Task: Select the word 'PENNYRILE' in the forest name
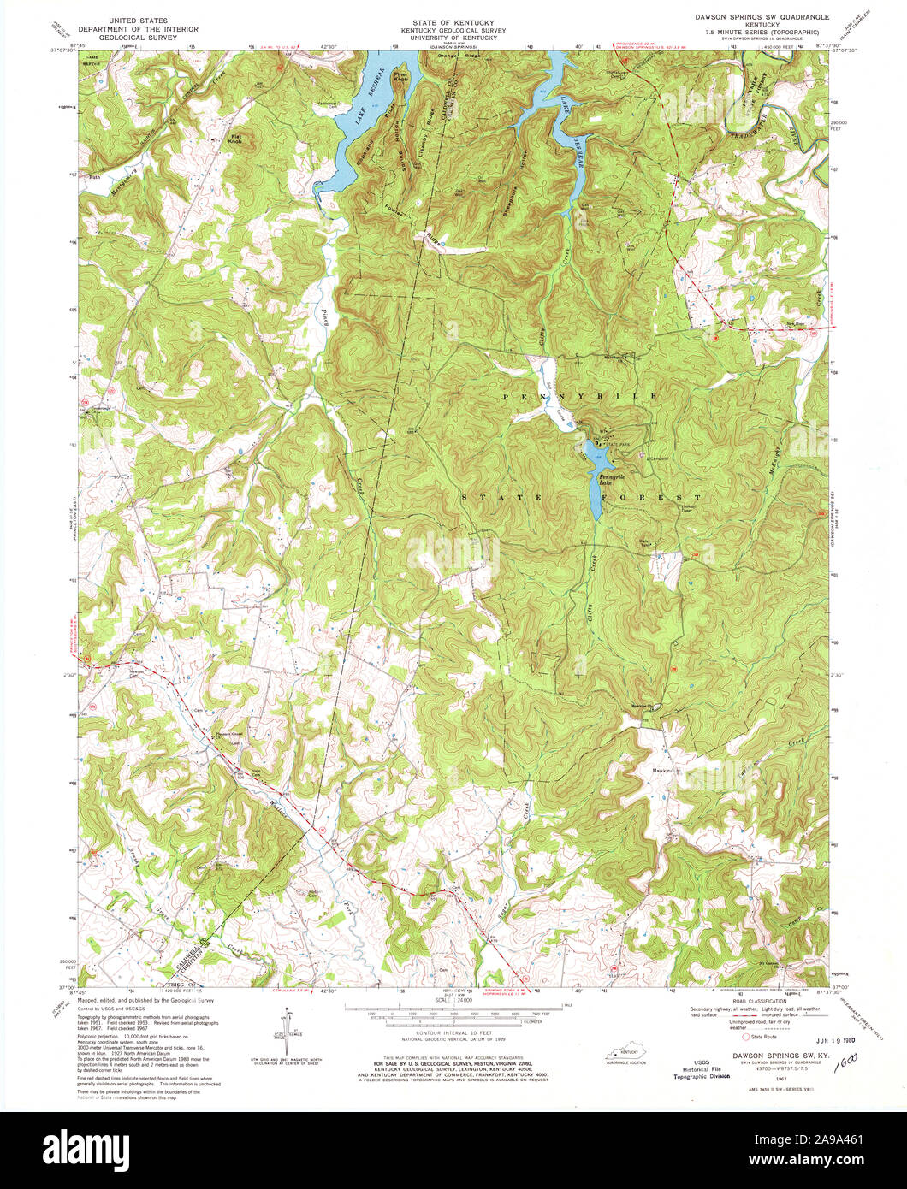tap(580, 396)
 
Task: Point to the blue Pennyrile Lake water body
tap(593, 483)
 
